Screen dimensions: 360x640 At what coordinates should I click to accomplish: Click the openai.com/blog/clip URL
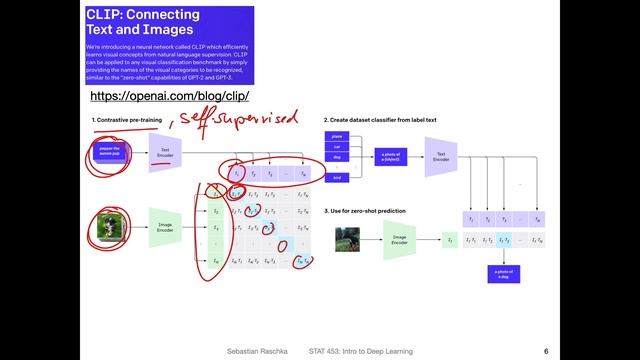pyautogui.click(x=169, y=96)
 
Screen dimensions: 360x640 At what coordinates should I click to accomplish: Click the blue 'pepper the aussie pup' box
pyautogui.click(x=110, y=152)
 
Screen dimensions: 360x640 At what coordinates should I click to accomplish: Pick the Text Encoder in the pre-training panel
pyautogui.click(x=164, y=153)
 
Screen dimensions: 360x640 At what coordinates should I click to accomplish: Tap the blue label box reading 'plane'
pyautogui.click(x=337, y=135)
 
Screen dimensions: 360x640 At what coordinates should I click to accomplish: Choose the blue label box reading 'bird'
pyautogui.click(x=337, y=177)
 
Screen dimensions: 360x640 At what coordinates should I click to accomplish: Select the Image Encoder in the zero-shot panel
pyautogui.click(x=400, y=240)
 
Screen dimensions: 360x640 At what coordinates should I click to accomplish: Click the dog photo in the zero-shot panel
pyautogui.click(x=349, y=240)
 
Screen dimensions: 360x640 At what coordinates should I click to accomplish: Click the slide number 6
pyautogui.click(x=545, y=351)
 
